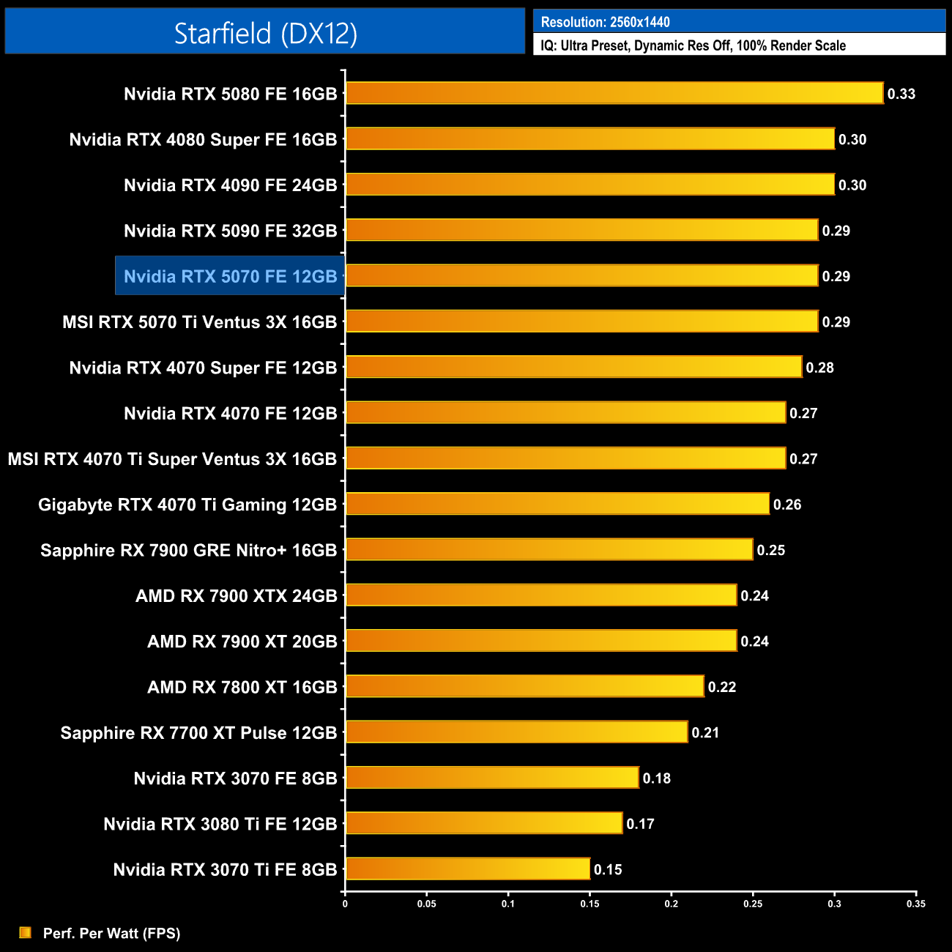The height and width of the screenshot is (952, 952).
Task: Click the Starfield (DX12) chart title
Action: pyautogui.click(x=265, y=33)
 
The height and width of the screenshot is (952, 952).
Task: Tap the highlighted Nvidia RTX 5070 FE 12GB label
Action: pyautogui.click(x=230, y=276)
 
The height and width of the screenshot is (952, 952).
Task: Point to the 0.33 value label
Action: pyautogui.click(x=901, y=94)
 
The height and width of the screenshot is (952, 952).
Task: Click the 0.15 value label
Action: pyautogui.click(x=608, y=870)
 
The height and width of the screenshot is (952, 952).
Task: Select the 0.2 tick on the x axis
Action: pyautogui.click(x=672, y=904)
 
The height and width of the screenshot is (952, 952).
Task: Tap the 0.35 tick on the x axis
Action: pyautogui.click(x=915, y=904)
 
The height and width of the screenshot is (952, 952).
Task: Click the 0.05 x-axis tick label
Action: pyautogui.click(x=427, y=904)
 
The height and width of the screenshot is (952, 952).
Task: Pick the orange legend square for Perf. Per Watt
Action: pyautogui.click(x=25, y=932)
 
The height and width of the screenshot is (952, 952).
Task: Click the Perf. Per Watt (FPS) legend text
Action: pyautogui.click(x=111, y=933)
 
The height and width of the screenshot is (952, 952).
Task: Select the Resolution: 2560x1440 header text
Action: pyautogui.click(x=605, y=22)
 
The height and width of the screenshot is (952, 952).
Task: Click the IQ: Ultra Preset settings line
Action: pyautogui.click(x=693, y=45)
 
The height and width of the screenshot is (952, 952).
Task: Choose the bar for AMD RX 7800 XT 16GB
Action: pyautogui.click(x=524, y=686)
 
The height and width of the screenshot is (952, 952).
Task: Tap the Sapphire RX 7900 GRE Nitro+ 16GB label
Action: pyautogui.click(x=189, y=550)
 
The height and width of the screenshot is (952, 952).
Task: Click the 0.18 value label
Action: pyautogui.click(x=656, y=778)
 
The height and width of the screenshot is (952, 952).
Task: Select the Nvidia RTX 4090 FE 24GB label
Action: pyautogui.click(x=230, y=185)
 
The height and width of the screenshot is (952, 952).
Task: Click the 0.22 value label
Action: pyautogui.click(x=721, y=687)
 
